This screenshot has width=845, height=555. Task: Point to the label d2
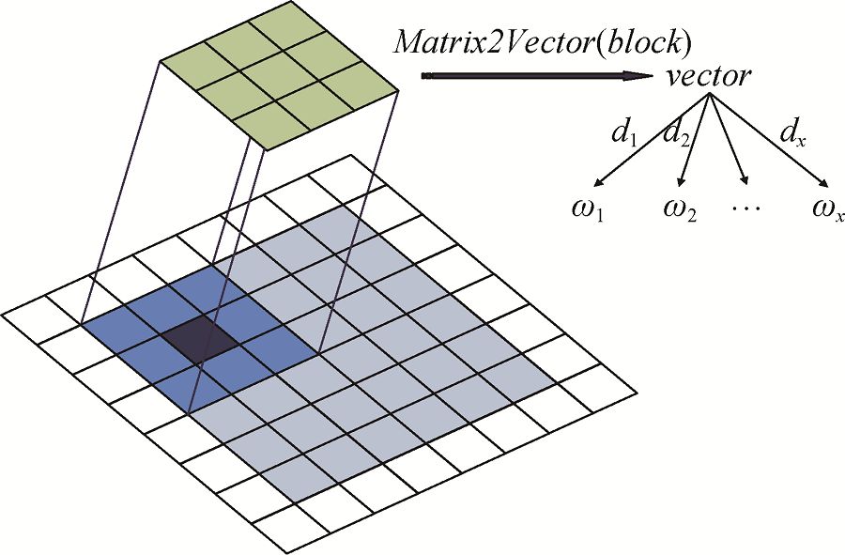click(675, 133)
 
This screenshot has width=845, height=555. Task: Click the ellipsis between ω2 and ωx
click(749, 208)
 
